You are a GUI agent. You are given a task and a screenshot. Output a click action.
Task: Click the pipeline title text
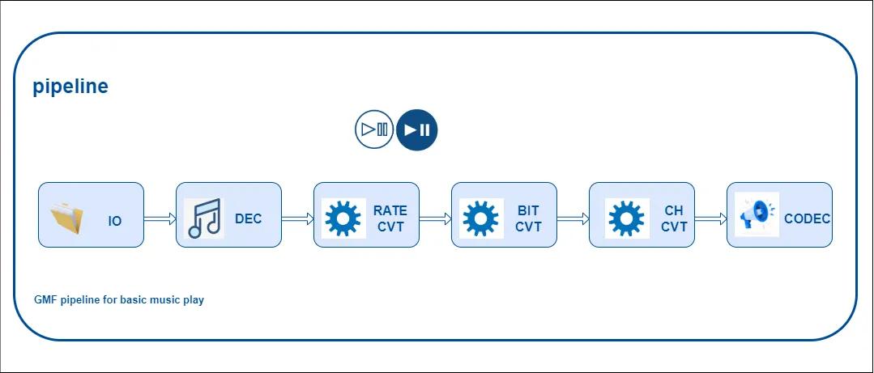point(70,87)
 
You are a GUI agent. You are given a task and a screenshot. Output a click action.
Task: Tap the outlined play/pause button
point(374,129)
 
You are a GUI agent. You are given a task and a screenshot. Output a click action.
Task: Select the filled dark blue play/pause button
point(417,129)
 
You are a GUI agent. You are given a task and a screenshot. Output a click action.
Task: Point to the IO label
point(115,220)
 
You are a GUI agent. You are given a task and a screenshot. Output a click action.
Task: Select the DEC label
point(249,218)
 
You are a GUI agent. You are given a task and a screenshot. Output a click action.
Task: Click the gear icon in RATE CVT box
point(343,218)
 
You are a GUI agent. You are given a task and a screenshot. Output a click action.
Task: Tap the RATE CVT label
point(390,218)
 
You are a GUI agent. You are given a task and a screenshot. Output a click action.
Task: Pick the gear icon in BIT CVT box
point(480,218)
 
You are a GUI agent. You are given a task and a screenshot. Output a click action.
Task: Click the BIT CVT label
point(528,218)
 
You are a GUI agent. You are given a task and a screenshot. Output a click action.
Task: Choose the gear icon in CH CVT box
point(625,218)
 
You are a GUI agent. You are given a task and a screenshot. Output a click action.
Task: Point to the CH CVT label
point(674,218)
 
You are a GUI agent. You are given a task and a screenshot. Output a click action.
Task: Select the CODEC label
point(807,218)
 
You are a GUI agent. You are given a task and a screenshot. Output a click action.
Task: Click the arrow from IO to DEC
point(160,218)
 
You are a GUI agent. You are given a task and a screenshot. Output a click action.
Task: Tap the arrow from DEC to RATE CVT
point(298,218)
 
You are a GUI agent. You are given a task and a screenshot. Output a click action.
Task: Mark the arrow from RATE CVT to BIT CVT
point(436,218)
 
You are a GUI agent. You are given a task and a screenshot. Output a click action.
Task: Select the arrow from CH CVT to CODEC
point(711,218)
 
